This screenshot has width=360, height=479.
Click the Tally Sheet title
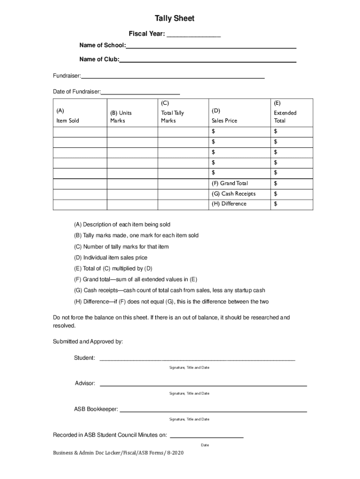[x=174, y=19]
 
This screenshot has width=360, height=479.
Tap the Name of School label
[x=102, y=45]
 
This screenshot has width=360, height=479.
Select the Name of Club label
[x=99, y=59]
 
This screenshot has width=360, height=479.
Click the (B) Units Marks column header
[x=121, y=116]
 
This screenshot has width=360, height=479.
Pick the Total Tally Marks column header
[x=173, y=116]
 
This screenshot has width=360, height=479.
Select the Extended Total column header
[x=285, y=116]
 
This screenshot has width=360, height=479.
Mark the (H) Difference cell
[x=229, y=204]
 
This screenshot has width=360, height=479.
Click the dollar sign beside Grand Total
[x=276, y=183]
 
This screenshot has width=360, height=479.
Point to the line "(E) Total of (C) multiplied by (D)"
[x=113, y=269]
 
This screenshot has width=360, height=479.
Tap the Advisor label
[x=85, y=384]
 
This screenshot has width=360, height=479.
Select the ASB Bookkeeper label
[x=96, y=409]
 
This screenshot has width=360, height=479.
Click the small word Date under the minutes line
[x=205, y=445]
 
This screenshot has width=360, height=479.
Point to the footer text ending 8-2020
[x=115, y=466]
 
